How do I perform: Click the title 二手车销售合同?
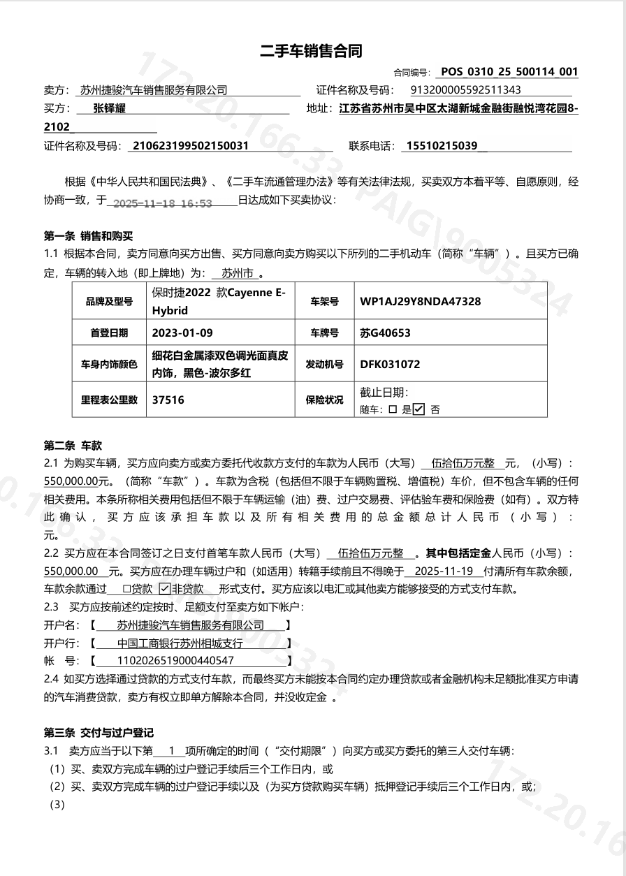pyautogui.click(x=312, y=51)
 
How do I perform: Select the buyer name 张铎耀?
pyautogui.click(x=110, y=108)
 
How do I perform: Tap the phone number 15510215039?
pyautogui.click(x=442, y=146)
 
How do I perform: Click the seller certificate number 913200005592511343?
pyautogui.click(x=465, y=90)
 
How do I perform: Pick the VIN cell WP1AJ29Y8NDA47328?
pyautogui.click(x=420, y=302)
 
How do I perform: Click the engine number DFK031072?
pyautogui.click(x=390, y=364)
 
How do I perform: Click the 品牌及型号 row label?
pyautogui.click(x=109, y=302)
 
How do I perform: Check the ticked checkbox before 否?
pyautogui.click(x=418, y=410)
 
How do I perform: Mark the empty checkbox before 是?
pyautogui.click(x=393, y=410)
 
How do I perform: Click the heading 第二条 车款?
pyautogui.click(x=73, y=445)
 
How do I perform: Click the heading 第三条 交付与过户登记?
pyautogui.click(x=99, y=733)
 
